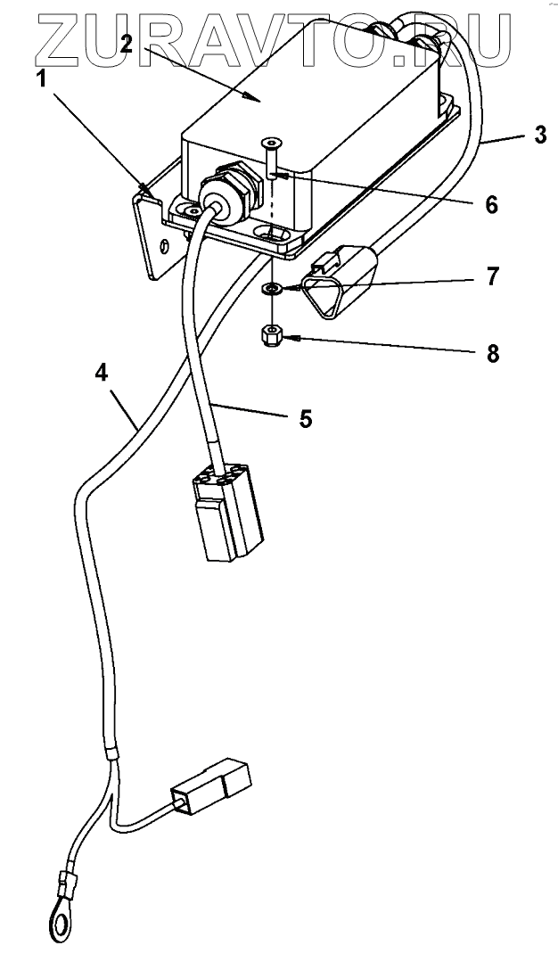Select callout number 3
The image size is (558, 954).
coord(540,136)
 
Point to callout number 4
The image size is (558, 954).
coord(103,372)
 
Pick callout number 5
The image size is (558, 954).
coord(306,417)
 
